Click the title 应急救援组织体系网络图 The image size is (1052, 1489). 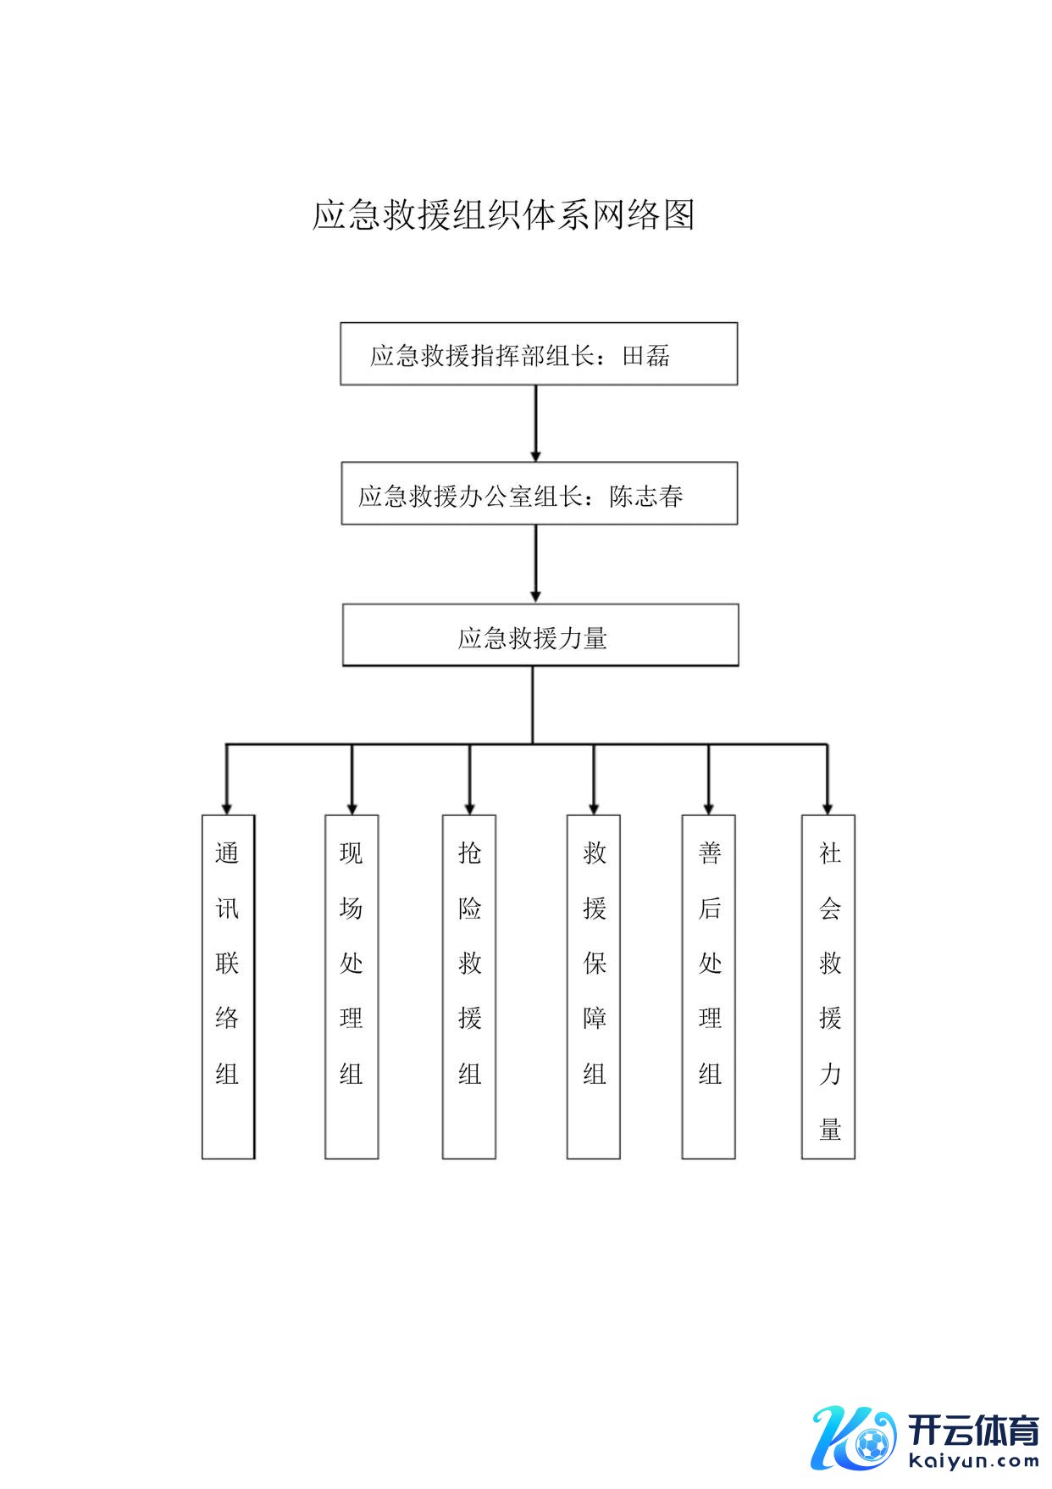coord(503,215)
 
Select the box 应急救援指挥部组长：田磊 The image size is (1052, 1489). coord(539,353)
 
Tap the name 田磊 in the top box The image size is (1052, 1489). coord(646,356)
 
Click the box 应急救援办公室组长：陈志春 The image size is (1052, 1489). coord(539,493)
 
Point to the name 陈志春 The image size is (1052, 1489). coord(646,497)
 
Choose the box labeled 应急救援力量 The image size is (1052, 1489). coord(540,635)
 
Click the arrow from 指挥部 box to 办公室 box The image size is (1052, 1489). coord(535,423)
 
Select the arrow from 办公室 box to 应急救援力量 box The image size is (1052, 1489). coord(535,564)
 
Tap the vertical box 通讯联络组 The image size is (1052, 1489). coord(228,986)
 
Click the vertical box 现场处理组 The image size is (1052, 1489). coord(352,986)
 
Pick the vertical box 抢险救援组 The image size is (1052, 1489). coord(469,986)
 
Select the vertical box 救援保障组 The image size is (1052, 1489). coord(594,986)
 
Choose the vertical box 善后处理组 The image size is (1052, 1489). coord(709,986)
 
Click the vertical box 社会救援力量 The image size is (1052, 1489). coord(828,986)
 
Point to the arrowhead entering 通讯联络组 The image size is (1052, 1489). coord(227,808)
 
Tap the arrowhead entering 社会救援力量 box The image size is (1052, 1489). coord(828,808)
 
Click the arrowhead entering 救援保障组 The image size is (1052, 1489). coord(594,808)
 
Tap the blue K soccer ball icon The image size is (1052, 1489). coord(854,1438)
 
